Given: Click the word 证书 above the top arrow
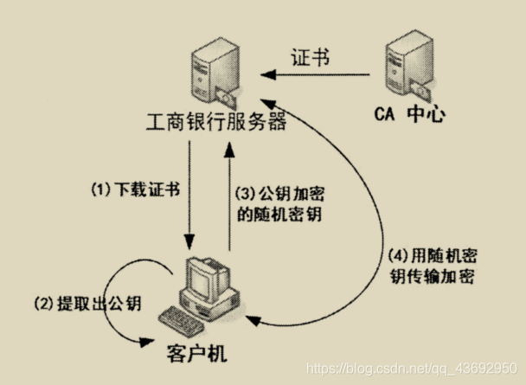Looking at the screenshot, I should [312, 62].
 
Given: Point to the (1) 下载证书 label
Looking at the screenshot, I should [136, 189].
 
